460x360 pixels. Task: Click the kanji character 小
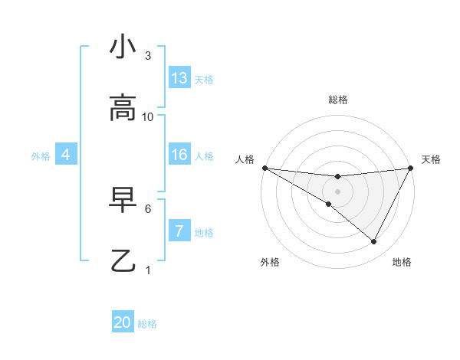(x=123, y=47)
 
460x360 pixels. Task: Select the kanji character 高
(x=123, y=109)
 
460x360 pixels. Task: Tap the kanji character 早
(x=123, y=200)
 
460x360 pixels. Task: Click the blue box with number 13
(x=179, y=78)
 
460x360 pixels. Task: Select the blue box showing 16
(x=179, y=155)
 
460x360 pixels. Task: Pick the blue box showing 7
(x=179, y=231)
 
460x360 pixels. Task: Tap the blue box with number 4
(x=66, y=155)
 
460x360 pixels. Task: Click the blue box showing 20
(x=123, y=322)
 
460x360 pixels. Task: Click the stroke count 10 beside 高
(x=148, y=117)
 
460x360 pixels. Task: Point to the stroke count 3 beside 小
(x=148, y=56)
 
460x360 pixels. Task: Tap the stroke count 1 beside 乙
(x=148, y=270)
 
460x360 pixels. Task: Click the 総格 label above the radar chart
(x=338, y=100)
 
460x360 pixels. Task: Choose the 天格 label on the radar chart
(x=431, y=159)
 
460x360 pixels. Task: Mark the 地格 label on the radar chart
(x=402, y=262)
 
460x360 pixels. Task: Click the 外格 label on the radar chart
(x=270, y=262)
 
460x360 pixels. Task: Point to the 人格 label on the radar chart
(x=245, y=159)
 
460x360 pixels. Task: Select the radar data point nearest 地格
(x=374, y=242)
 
